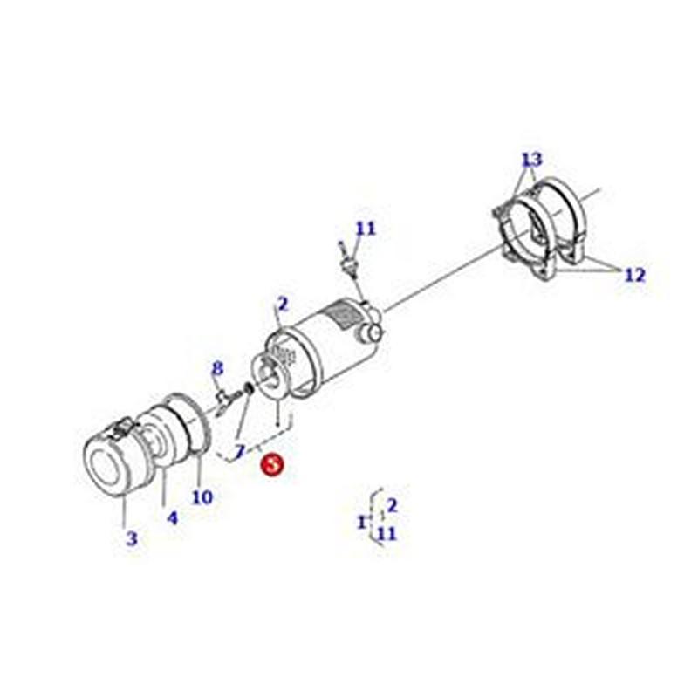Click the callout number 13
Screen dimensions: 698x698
532,159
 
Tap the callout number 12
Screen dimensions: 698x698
635,275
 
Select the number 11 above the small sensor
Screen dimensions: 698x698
366,229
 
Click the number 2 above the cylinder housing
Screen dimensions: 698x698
283,305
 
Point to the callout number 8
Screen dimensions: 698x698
216,369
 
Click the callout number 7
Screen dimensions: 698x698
240,451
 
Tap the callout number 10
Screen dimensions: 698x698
202,496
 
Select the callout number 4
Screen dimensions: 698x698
172,517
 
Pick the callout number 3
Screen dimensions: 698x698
132,538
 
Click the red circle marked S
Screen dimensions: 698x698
272,464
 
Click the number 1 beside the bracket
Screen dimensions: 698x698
362,522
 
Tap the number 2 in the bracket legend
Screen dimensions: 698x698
392,506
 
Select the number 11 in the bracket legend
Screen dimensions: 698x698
387,533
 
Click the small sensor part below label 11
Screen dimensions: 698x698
348,260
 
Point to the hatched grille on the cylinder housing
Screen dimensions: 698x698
343,315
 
